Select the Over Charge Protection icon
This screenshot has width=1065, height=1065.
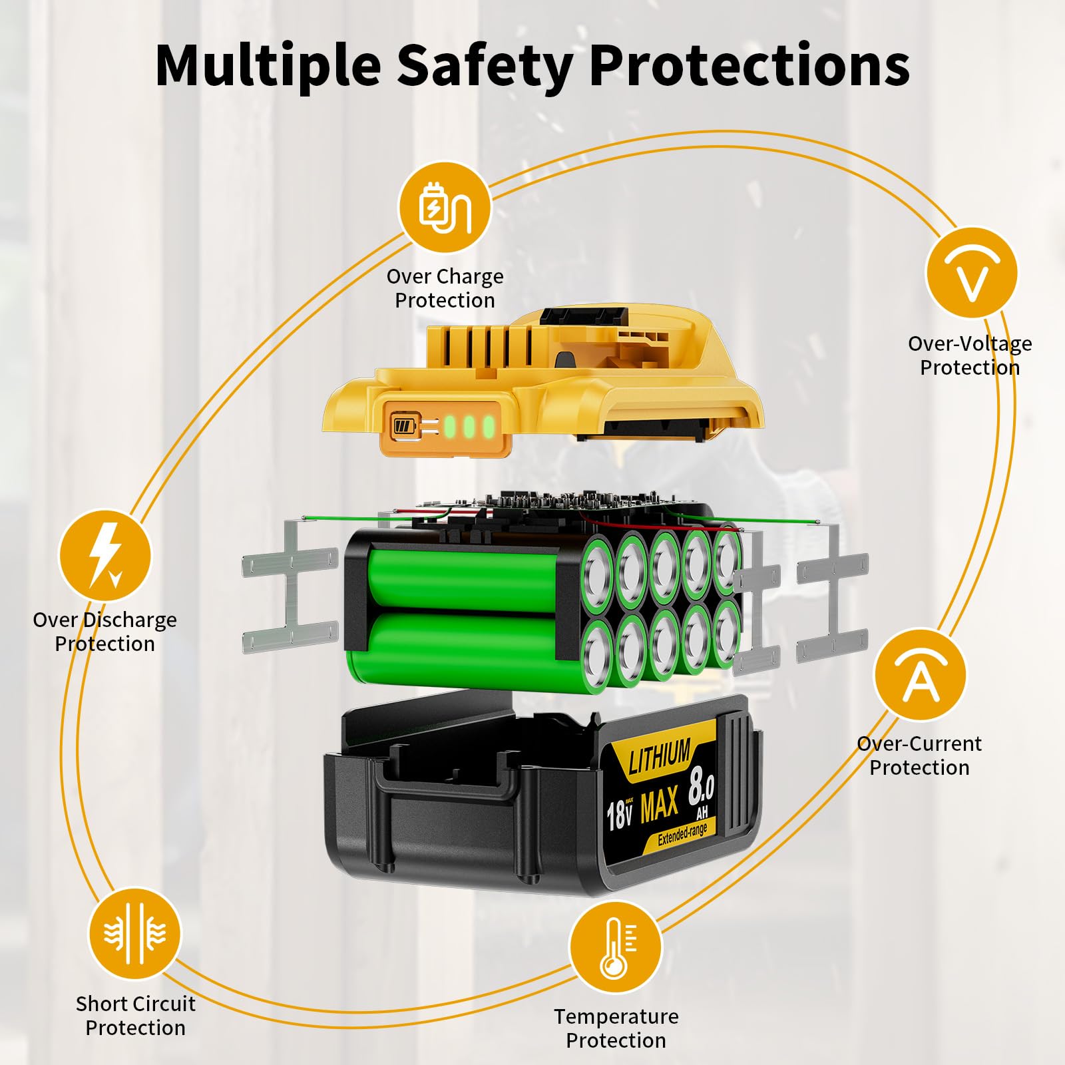(445, 208)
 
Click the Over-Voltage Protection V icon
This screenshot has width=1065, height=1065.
(971, 273)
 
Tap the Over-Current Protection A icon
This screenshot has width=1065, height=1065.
(920, 675)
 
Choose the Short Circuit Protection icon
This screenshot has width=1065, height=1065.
(134, 933)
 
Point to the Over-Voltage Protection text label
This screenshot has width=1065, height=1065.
(970, 355)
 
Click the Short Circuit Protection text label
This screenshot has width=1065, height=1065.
(135, 1016)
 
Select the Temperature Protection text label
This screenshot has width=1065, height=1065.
(616, 1028)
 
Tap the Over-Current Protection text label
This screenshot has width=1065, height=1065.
(919, 755)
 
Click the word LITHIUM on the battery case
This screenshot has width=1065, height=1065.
(660, 757)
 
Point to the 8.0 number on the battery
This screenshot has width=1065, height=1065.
(701, 785)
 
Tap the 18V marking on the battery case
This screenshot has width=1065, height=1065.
(619, 815)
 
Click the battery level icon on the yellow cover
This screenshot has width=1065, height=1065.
(404, 425)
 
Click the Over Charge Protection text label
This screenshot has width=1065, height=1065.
(445, 288)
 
